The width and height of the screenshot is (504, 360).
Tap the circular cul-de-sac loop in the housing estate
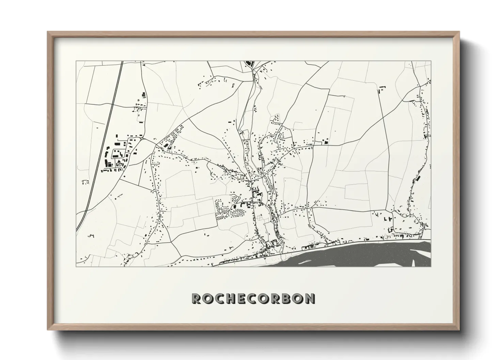[x=235, y=197]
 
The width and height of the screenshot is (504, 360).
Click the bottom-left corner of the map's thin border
[x=76, y=266]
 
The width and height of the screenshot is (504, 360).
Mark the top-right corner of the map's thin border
[x=431, y=61]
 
